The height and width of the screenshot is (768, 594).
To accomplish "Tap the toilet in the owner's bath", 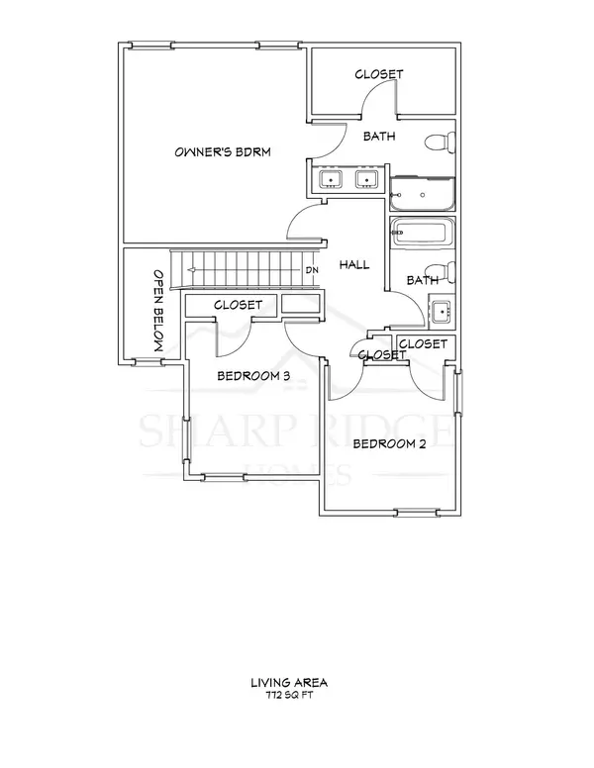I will [440, 144].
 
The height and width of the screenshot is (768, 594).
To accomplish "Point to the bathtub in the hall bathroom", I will [423, 236].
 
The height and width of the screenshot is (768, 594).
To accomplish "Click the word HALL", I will [353, 265].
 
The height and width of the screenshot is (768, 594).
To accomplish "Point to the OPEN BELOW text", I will [157, 310].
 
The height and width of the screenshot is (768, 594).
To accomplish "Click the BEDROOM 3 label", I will [252, 376].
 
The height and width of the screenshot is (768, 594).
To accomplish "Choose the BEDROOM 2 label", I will [389, 443].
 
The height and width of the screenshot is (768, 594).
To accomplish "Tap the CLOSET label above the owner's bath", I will [379, 74].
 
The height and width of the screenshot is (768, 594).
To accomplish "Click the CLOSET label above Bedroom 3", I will [238, 306].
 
